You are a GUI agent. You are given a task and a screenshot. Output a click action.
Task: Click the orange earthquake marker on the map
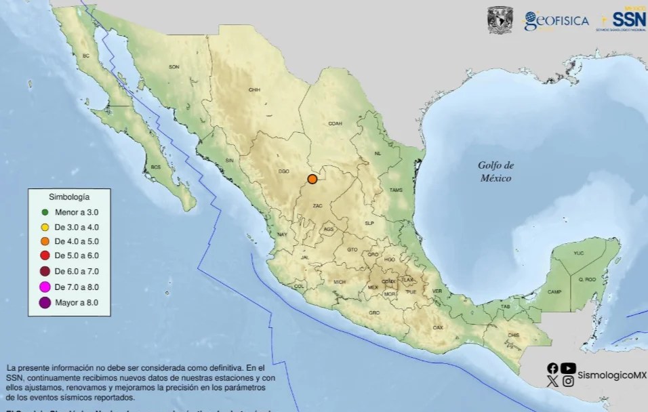312,179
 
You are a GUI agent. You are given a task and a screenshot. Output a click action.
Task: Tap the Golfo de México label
495,171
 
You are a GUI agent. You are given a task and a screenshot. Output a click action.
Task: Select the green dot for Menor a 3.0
44,213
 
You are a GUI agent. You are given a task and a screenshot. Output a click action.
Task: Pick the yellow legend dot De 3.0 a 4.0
44,227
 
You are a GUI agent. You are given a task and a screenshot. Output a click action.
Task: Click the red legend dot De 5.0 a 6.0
44,256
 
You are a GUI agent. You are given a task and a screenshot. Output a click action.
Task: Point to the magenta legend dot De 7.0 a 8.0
44,287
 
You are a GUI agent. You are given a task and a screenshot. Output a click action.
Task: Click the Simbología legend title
69,197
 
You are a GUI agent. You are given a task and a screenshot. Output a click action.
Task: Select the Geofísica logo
556,21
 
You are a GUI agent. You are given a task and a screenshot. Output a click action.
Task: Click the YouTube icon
568,368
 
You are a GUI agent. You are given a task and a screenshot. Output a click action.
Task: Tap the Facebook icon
552,368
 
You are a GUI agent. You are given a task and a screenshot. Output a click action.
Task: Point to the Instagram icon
568,381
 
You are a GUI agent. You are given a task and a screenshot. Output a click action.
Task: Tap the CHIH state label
254,89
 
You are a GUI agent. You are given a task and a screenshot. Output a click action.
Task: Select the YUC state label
578,253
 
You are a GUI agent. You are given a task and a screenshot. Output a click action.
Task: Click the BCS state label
156,166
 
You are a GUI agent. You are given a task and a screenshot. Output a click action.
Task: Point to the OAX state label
437,327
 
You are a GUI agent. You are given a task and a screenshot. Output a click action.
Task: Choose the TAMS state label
395,190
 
